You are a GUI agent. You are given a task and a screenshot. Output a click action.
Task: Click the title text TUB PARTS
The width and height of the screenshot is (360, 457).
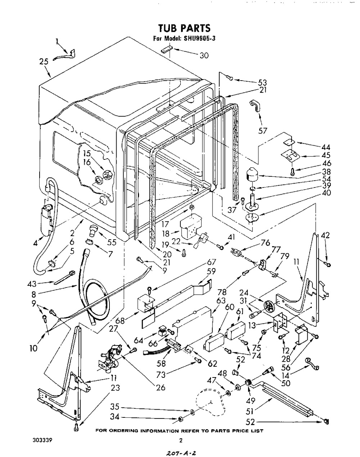click(x=184, y=28)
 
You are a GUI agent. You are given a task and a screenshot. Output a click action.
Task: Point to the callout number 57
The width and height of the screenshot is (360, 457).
click(x=263, y=130)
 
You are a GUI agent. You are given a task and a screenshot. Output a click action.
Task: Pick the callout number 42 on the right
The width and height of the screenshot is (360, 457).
click(x=325, y=236)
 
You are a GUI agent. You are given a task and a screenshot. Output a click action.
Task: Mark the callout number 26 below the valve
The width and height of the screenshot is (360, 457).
click(x=161, y=387)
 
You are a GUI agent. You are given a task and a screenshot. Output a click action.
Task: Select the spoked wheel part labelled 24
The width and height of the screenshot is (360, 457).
click(x=269, y=307)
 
